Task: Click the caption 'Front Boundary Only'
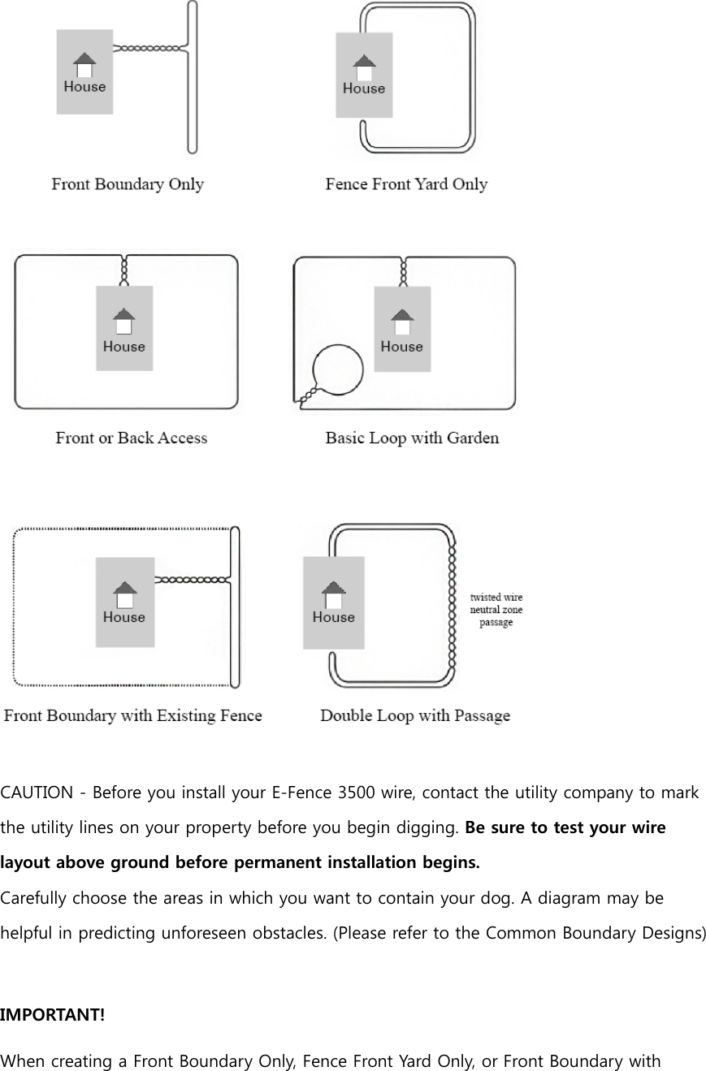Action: [x=128, y=184]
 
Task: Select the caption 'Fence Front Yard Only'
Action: [x=406, y=184]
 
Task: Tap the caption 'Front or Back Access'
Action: [x=132, y=438]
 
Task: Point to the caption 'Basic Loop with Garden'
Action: [x=412, y=438]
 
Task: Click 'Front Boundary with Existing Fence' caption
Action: [x=133, y=715]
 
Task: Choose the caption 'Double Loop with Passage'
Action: [x=415, y=715]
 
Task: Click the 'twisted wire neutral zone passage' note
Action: [x=496, y=610]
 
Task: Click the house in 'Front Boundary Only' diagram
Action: [x=84, y=72]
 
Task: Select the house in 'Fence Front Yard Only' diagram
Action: [x=364, y=75]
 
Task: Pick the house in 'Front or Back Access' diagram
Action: [x=124, y=328]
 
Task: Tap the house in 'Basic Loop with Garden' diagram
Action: [x=401, y=328]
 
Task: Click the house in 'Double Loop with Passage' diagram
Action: [x=333, y=602]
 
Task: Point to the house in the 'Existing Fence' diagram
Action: [x=124, y=602]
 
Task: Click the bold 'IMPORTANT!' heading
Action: [x=52, y=1015]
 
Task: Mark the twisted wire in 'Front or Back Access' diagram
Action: [x=124, y=270]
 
